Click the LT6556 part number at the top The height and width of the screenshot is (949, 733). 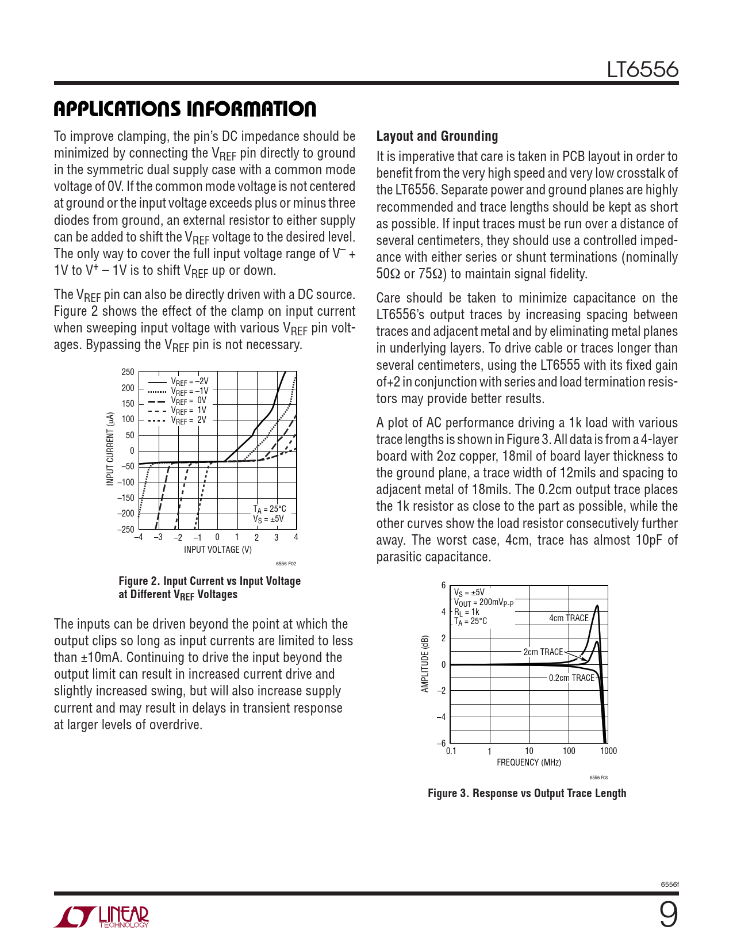(x=643, y=70)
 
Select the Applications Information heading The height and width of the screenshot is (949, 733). (x=185, y=109)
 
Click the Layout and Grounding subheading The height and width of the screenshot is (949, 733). (x=437, y=136)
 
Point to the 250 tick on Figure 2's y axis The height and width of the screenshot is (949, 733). (x=128, y=372)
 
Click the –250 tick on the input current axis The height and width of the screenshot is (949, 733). (x=126, y=529)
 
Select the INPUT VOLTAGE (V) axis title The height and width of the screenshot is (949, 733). (x=218, y=549)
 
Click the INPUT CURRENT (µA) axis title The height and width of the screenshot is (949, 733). (x=110, y=449)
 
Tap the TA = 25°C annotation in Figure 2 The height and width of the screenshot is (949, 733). (x=270, y=509)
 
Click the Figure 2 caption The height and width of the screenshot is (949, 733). (x=210, y=588)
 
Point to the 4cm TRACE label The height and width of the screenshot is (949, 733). (x=569, y=618)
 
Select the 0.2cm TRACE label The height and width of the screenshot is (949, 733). (x=571, y=678)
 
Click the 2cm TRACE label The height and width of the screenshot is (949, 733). (x=543, y=652)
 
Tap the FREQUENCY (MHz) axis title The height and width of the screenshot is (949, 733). (x=529, y=762)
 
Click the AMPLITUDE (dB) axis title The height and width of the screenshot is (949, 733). (x=425, y=664)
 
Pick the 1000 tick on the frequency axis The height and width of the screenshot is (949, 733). (x=608, y=751)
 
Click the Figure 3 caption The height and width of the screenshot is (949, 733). (x=527, y=793)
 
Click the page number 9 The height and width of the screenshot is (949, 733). (x=669, y=914)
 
